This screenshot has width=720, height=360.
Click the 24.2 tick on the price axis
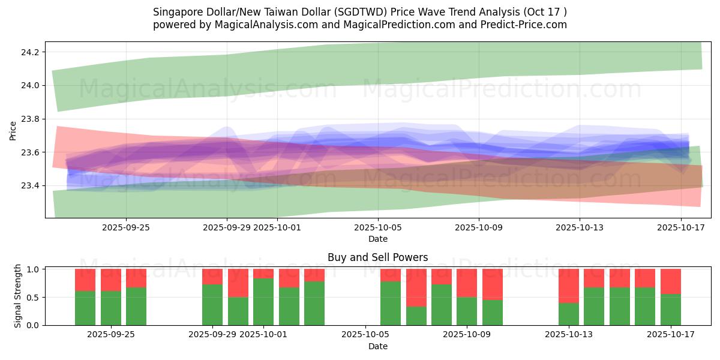click(30, 52)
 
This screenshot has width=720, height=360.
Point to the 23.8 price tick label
click(30, 119)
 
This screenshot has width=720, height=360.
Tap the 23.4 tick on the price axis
click(30, 185)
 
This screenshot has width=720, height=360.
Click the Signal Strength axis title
click(18, 296)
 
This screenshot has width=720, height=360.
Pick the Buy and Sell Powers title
click(377, 257)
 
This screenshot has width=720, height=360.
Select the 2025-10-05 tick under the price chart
click(378, 227)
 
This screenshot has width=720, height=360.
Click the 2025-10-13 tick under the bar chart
click(568, 334)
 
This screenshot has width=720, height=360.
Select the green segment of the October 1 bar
click(263, 302)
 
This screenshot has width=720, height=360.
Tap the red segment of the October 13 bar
click(569, 286)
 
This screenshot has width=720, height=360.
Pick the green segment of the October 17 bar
click(671, 310)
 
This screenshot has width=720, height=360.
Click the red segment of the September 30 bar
click(238, 283)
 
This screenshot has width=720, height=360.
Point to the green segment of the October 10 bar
click(493, 313)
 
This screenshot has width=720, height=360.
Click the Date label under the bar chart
click(377, 346)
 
